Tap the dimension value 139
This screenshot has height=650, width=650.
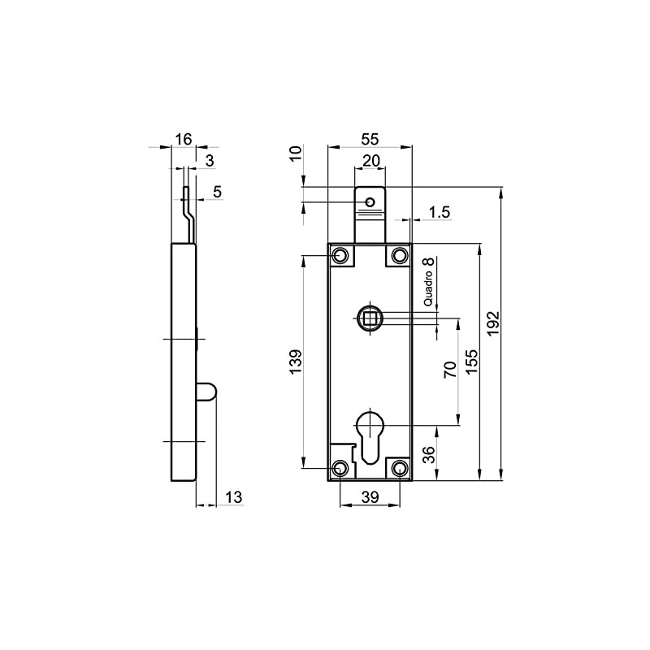pyautogui.click(x=296, y=361)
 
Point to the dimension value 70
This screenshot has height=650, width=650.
pyautogui.click(x=448, y=371)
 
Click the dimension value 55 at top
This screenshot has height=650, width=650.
pyautogui.click(x=369, y=139)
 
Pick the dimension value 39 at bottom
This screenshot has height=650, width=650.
pyautogui.click(x=370, y=497)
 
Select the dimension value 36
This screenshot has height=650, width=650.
pyautogui.click(x=430, y=453)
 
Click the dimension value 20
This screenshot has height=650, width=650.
pyautogui.click(x=370, y=161)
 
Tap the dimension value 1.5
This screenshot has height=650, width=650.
pyautogui.click(x=440, y=212)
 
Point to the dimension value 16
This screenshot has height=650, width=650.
pyautogui.click(x=184, y=139)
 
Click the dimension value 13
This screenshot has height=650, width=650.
pyautogui.click(x=232, y=497)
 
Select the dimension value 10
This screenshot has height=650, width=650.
pyautogui.click(x=295, y=154)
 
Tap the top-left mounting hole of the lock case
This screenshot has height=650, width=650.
pyautogui.click(x=340, y=257)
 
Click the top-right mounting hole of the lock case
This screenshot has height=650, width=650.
pyautogui.click(x=399, y=257)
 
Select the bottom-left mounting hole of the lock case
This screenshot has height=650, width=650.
pyautogui.click(x=340, y=468)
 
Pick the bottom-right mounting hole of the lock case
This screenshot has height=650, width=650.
pyautogui.click(x=399, y=468)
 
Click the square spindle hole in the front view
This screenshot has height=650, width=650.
pyautogui.click(x=370, y=317)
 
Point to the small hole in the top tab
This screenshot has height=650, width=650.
pyautogui.click(x=370, y=201)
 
